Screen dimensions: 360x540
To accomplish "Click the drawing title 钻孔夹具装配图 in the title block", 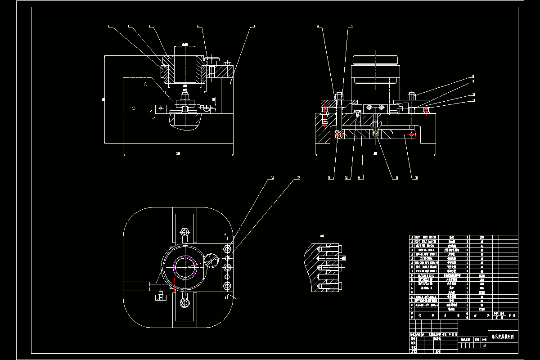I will (x=503, y=336).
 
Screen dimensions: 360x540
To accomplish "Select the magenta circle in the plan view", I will (x=185, y=268).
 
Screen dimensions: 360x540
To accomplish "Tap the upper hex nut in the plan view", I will (x=184, y=232).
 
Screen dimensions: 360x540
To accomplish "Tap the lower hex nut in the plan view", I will (x=184, y=302).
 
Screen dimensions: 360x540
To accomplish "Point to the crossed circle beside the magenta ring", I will (x=211, y=260).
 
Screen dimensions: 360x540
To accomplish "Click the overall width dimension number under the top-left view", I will (x=178, y=154).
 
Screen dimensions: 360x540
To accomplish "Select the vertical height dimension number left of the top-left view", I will (x=103, y=99).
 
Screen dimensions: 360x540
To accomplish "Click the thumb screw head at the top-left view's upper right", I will (x=211, y=58).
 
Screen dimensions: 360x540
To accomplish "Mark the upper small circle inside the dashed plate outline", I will (x=145, y=84).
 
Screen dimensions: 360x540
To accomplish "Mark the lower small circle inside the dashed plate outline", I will (x=133, y=108).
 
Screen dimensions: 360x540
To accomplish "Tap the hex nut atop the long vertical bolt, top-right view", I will (x=338, y=95).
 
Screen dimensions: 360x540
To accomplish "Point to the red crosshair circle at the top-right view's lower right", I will (x=410, y=134).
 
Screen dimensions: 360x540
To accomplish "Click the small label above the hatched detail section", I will (x=321, y=235).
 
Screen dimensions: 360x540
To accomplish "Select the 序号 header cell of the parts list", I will (x=411, y=315).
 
